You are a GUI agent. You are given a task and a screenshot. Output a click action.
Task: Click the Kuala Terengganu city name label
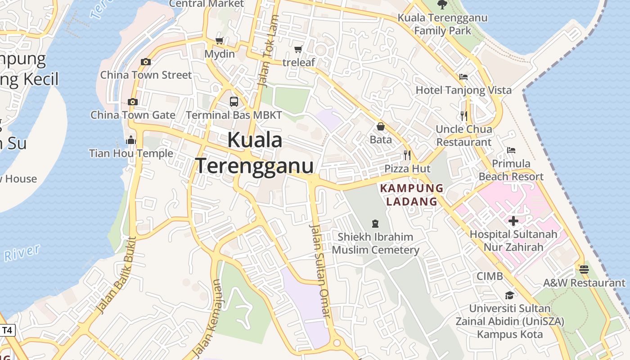[254, 153]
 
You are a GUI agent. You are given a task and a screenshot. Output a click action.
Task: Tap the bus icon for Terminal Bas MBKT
[234, 102]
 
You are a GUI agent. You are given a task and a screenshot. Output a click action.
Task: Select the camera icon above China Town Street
[145, 62]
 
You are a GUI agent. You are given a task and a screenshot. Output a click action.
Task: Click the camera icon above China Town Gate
[132, 102]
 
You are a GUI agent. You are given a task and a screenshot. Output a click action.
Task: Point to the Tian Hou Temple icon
[131, 140]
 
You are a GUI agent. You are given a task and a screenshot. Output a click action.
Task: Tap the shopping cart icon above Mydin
[220, 41]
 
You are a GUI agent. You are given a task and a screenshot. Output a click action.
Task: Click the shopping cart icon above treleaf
[298, 49]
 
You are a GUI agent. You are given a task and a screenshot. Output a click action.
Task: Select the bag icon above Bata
[381, 126]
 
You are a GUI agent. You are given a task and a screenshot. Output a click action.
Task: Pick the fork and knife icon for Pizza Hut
[407, 155]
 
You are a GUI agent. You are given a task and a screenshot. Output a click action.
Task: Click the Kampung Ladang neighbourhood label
[412, 194]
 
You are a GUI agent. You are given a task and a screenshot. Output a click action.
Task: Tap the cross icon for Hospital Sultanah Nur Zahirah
[513, 221]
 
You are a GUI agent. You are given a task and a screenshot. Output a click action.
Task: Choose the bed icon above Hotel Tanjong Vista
[463, 77]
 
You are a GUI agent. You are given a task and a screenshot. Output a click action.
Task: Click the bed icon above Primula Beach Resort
[511, 150]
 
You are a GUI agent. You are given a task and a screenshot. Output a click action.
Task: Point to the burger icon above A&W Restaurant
[584, 270]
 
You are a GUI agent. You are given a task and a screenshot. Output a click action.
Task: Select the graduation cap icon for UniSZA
[509, 295]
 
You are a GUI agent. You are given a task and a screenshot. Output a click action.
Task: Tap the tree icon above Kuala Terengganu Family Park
[442, 5]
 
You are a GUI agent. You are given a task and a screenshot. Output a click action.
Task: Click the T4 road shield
[7, 330]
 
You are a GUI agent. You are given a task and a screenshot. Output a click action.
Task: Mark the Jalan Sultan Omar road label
[320, 271]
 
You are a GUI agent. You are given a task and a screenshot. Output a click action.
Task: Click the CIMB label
[490, 276]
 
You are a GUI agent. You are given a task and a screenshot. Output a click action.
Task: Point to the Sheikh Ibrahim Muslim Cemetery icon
[375, 223]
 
